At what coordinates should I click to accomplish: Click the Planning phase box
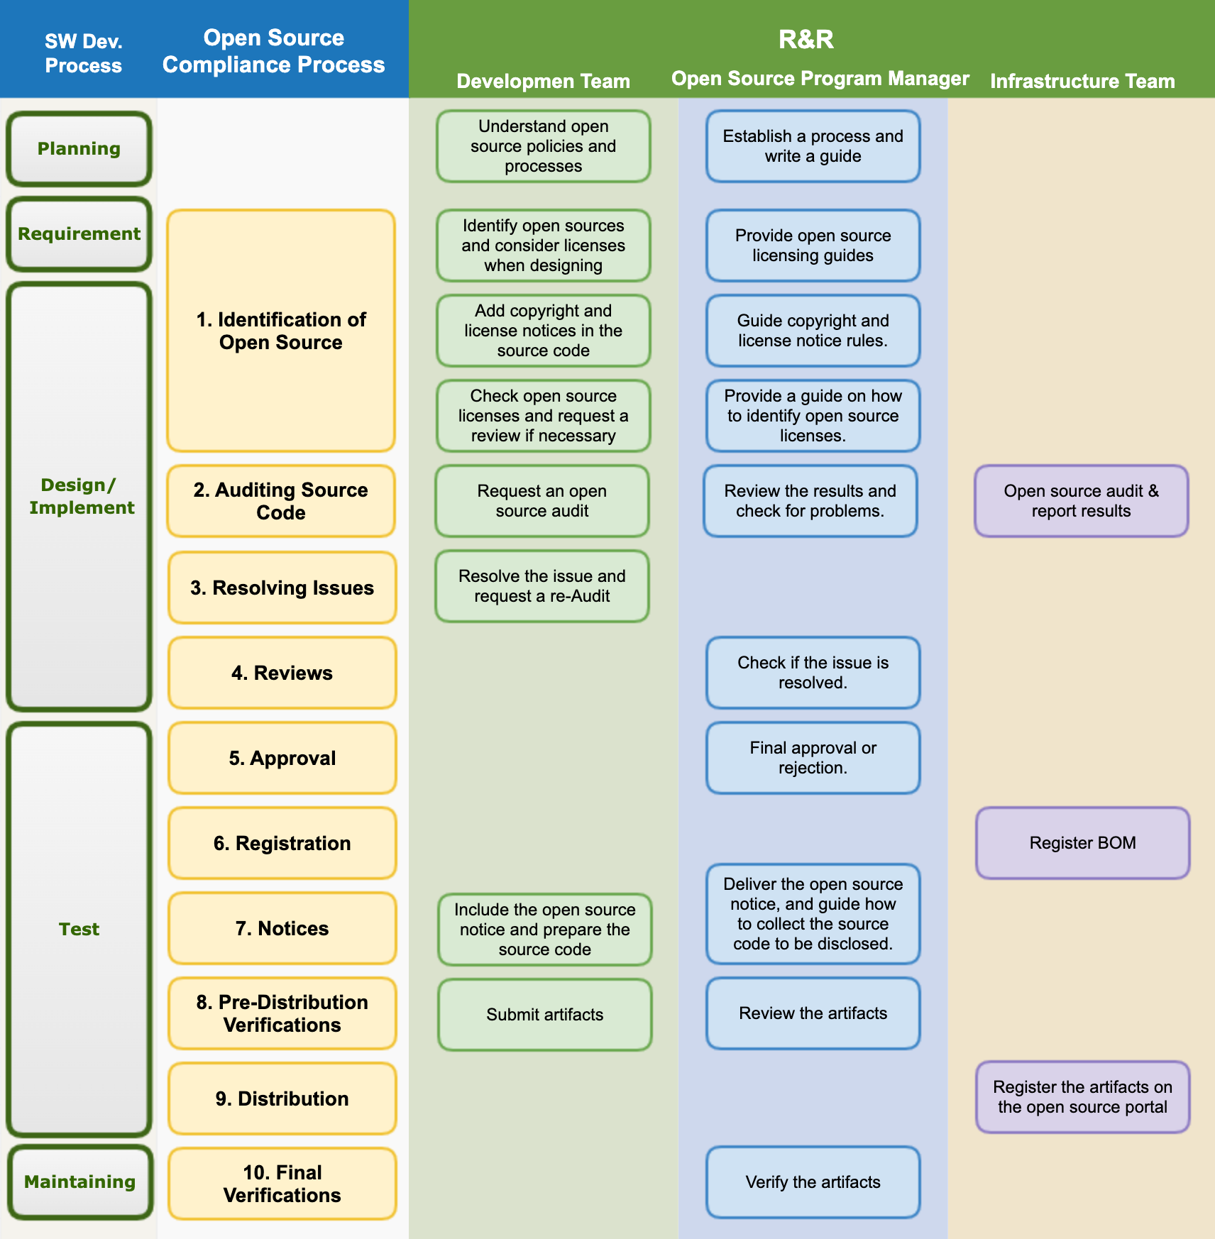tap(79, 149)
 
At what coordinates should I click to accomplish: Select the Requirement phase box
tap(79, 234)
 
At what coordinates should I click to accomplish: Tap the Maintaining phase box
tap(80, 1182)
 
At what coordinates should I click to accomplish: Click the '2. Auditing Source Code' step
tap(281, 501)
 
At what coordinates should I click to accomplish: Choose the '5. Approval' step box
tap(282, 758)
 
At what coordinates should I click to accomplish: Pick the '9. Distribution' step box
tap(282, 1098)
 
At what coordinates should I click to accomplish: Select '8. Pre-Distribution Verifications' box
tap(282, 1013)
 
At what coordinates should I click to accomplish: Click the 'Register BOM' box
tap(1082, 843)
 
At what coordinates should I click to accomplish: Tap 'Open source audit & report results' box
tap(1081, 501)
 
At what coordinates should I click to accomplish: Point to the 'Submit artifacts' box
tap(544, 1015)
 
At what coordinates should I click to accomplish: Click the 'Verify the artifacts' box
tap(813, 1182)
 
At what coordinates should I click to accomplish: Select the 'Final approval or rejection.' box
tap(813, 758)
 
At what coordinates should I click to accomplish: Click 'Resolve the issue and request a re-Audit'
tap(541, 586)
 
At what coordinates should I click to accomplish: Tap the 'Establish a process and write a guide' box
tap(813, 146)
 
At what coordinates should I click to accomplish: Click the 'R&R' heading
tap(806, 39)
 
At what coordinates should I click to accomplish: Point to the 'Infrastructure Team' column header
tap(1082, 81)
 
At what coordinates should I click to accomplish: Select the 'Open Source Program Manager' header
tap(820, 78)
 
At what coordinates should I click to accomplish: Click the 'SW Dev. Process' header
tap(83, 53)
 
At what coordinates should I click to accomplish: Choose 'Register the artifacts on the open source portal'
tap(1082, 1097)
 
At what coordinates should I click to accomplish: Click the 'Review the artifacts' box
tap(813, 1013)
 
